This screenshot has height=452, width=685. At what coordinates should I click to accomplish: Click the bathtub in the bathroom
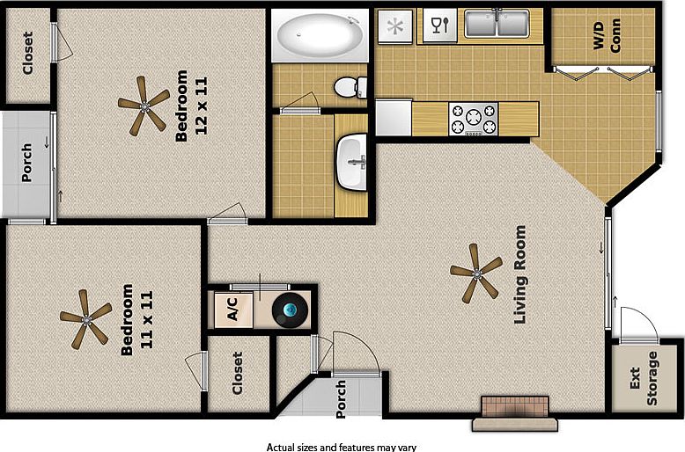pos(319,35)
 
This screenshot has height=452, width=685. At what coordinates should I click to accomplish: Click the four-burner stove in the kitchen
pos(473,119)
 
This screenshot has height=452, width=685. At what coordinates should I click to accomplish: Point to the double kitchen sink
pos(497,24)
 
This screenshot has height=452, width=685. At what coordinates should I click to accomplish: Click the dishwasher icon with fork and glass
pos(439,25)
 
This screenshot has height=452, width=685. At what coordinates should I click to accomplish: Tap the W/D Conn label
pos(605,36)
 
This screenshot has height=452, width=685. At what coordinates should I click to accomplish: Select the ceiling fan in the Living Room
pos(475,273)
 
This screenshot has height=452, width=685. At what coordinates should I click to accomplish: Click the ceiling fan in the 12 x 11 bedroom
pos(144,105)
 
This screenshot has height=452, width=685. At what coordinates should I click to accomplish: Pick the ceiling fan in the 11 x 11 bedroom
pos(85,318)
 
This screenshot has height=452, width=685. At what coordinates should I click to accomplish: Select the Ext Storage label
pos(645,378)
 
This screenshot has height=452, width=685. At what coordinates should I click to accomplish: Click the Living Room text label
pos(520,273)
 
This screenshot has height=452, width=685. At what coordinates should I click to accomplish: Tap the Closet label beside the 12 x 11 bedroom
pos(27,55)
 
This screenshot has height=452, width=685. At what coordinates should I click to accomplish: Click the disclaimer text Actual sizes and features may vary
pos(342,446)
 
